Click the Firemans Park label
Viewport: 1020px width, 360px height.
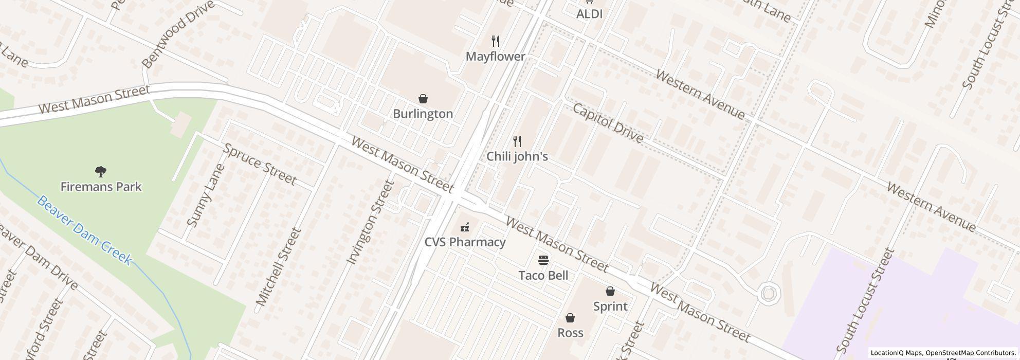(x=101, y=187)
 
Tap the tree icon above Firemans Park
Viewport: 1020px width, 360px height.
(x=101, y=171)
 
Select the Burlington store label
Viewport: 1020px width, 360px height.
(x=423, y=114)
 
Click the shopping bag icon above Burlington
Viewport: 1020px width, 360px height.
(x=423, y=98)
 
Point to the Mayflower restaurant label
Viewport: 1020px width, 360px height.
(x=495, y=57)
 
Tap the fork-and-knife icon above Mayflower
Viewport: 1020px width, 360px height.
(x=496, y=41)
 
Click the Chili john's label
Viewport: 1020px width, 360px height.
(x=517, y=156)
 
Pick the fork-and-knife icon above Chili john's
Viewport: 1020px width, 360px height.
(x=518, y=141)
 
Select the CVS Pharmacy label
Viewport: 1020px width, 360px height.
(x=465, y=242)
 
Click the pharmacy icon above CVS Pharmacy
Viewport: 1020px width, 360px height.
(x=465, y=226)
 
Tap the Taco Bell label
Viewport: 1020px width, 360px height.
(x=543, y=276)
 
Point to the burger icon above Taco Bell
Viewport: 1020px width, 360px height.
(x=543, y=260)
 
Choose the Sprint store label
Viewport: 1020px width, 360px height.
(x=610, y=307)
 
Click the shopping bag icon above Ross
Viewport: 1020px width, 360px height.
(x=570, y=318)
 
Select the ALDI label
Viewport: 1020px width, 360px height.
(x=589, y=14)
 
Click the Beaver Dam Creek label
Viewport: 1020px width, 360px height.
(x=84, y=230)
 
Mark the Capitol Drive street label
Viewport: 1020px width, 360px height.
(x=607, y=123)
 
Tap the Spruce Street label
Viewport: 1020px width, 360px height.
(x=260, y=165)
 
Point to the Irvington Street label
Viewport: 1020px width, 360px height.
(x=370, y=222)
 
